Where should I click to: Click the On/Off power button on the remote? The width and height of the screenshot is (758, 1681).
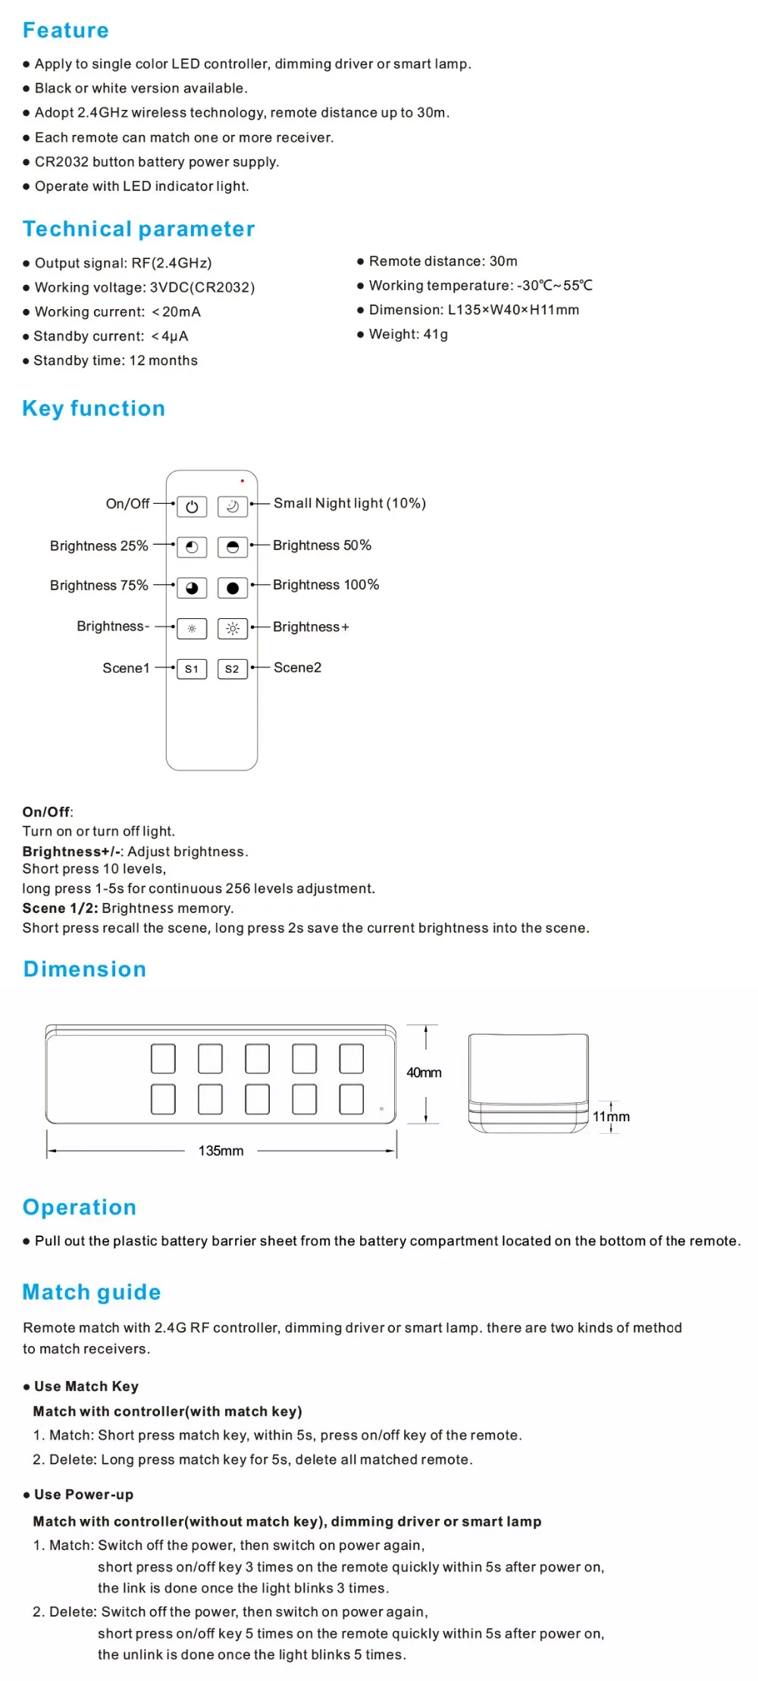(192, 507)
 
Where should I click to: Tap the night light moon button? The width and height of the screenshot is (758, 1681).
(233, 507)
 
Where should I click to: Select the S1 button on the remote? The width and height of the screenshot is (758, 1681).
(192, 669)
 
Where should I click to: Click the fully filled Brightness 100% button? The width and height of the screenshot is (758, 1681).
(233, 588)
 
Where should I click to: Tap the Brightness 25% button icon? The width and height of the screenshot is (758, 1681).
(192, 547)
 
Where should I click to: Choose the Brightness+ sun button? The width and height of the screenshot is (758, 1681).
(233, 628)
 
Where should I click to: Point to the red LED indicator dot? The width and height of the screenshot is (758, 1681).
(243, 481)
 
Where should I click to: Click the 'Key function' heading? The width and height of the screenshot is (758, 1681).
(94, 409)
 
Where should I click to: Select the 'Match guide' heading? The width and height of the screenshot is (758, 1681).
(92, 1292)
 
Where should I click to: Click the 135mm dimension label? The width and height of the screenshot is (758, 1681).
(221, 1151)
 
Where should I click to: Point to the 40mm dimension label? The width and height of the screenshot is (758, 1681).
(424, 1073)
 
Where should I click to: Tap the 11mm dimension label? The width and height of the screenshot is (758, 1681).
(611, 1117)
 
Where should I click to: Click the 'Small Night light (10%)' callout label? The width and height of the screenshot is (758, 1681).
(349, 504)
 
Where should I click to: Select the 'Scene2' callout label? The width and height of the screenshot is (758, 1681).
(297, 667)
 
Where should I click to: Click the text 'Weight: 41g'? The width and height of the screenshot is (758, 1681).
(408, 334)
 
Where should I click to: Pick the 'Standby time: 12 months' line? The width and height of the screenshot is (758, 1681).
(115, 361)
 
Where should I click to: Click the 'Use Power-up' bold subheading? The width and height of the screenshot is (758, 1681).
(83, 1495)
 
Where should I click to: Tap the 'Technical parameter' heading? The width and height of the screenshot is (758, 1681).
(139, 230)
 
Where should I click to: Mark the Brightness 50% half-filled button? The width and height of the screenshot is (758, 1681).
(233, 547)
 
